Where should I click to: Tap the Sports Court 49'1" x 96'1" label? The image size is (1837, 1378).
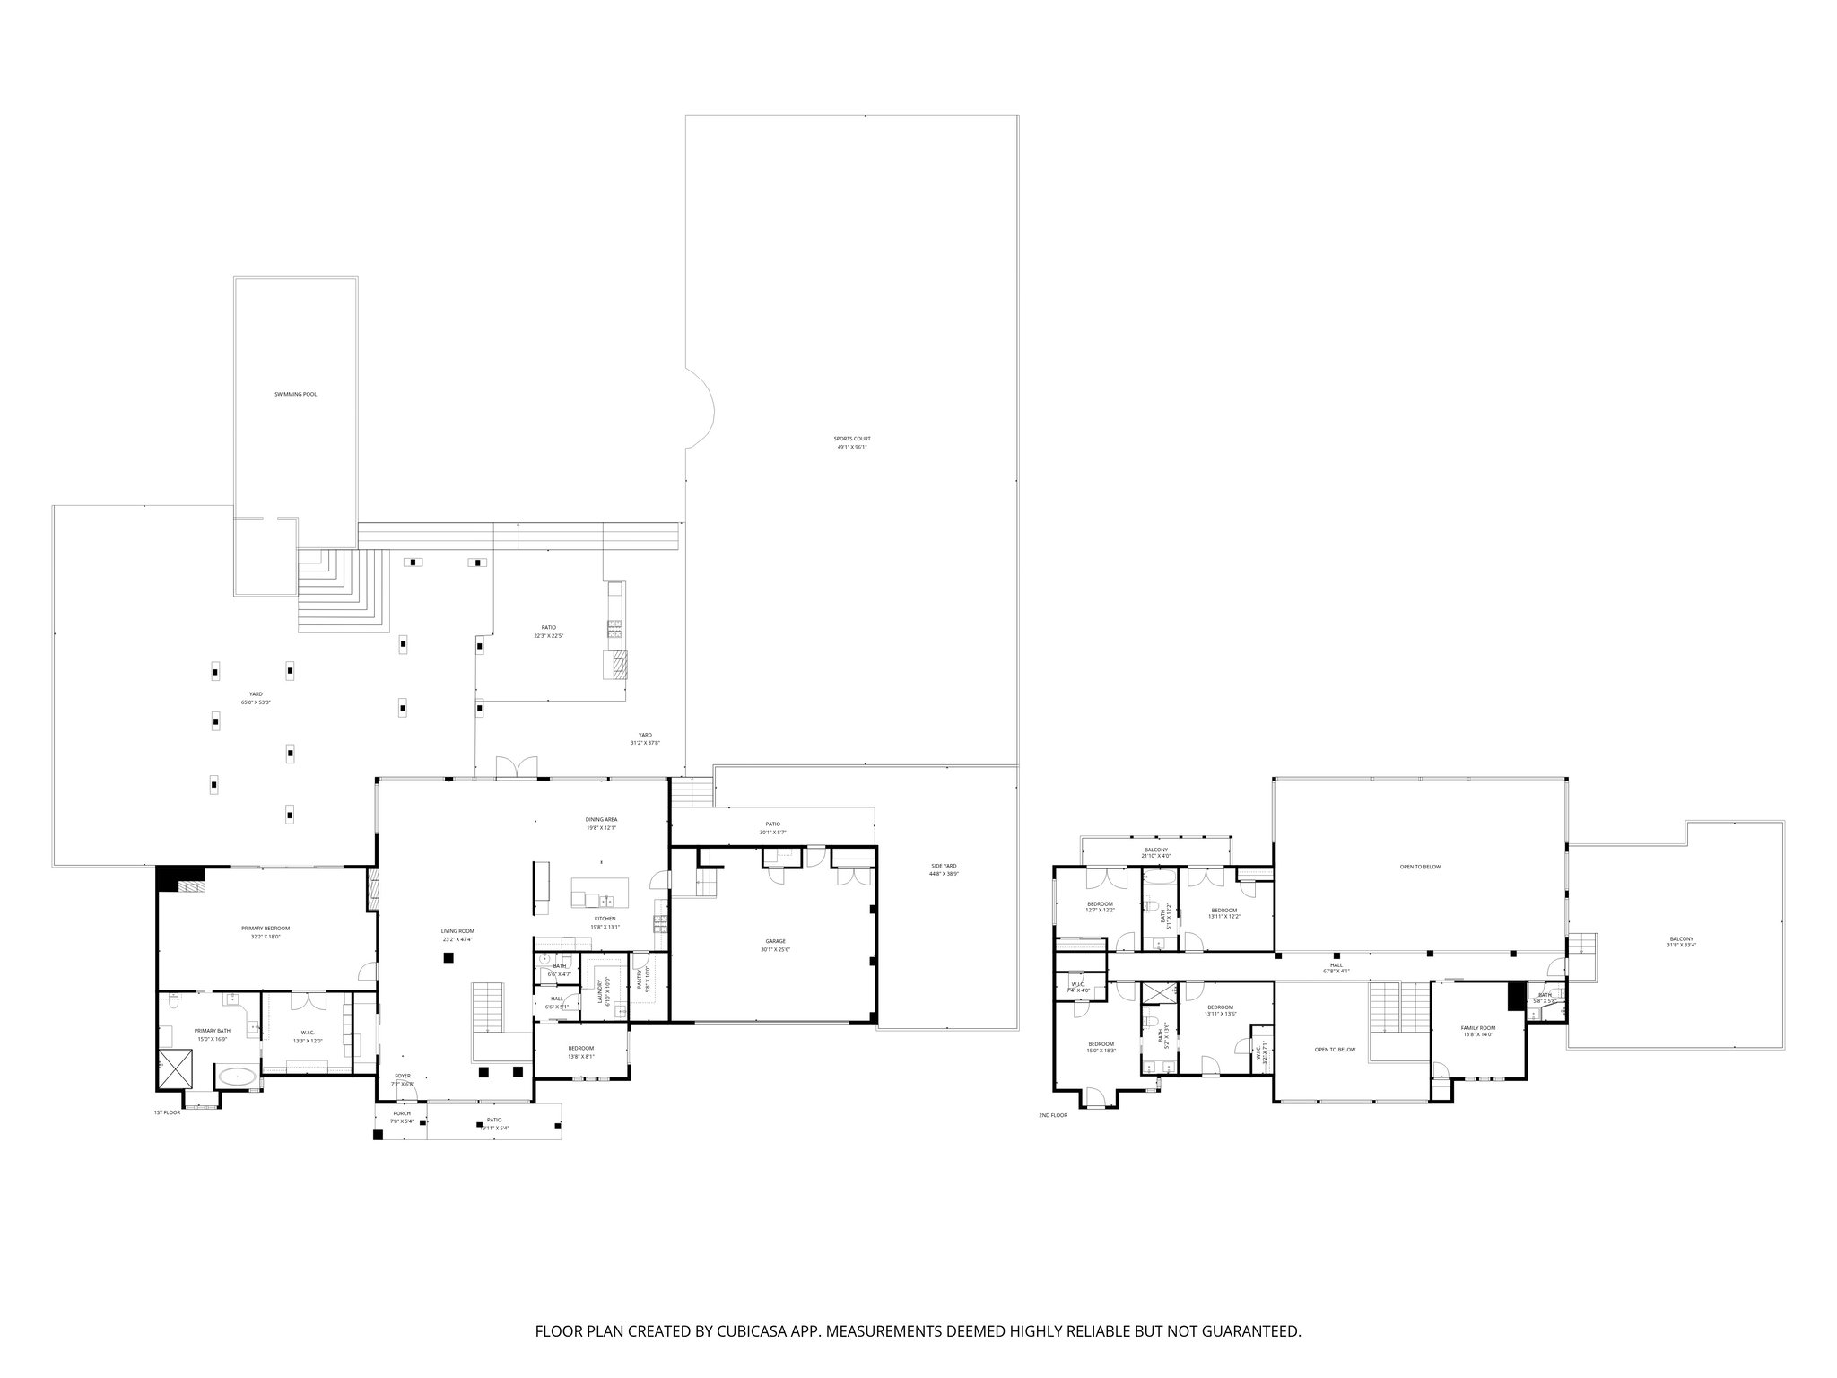853,442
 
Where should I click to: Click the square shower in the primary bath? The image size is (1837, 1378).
177,1068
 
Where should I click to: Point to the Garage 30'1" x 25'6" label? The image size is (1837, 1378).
775,946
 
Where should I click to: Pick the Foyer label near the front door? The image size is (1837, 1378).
403,1079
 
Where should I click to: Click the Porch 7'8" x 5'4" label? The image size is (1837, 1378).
401,1117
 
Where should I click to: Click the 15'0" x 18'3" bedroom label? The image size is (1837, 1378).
1101,1047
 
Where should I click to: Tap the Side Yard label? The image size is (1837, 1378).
944,869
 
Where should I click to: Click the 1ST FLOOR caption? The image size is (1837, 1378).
167,1112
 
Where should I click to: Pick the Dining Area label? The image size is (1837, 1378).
601,823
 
